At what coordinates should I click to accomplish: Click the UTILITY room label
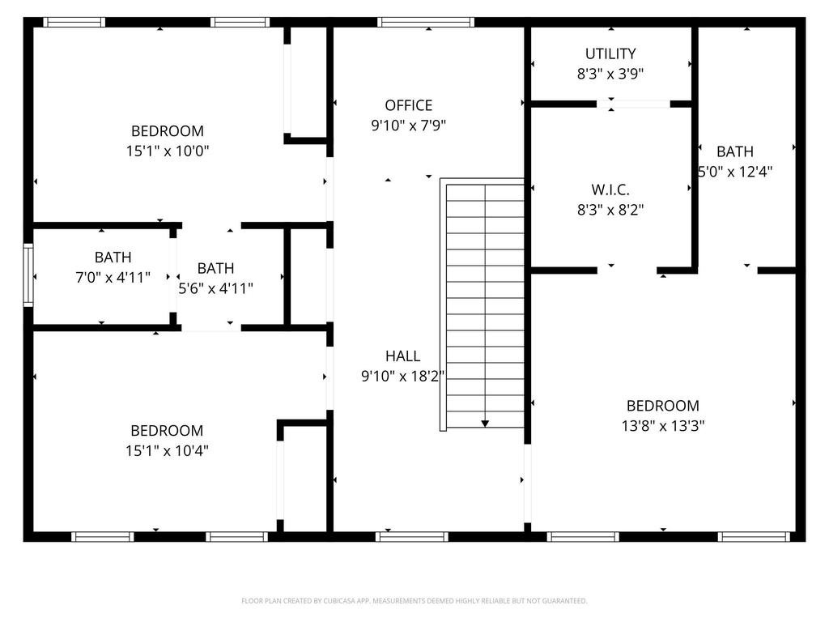click(610, 53)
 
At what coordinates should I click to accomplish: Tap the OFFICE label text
click(409, 105)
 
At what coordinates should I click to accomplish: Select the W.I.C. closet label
click(610, 190)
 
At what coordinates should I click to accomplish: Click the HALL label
click(403, 356)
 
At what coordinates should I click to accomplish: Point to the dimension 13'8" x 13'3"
click(663, 426)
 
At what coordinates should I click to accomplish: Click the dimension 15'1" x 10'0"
click(168, 151)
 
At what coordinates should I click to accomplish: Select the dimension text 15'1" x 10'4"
click(167, 450)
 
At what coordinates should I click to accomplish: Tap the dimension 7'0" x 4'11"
click(113, 277)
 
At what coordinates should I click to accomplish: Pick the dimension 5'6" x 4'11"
click(215, 288)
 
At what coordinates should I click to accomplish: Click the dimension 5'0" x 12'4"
click(735, 172)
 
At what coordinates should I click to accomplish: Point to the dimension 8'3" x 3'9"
click(610, 74)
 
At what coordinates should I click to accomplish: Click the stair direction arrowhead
click(485, 424)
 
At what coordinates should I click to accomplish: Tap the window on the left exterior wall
click(28, 275)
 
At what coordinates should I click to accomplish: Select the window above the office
click(426, 22)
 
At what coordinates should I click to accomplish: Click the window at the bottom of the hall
click(412, 537)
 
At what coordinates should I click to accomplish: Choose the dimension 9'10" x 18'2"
click(403, 376)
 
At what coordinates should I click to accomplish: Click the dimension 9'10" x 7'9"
click(409, 126)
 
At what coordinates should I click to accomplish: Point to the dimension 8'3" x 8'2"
click(610, 210)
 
